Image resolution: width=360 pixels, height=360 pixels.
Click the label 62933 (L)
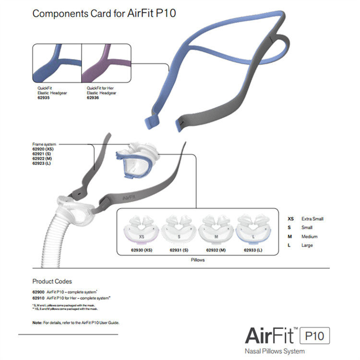253,251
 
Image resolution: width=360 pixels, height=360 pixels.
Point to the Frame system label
44,144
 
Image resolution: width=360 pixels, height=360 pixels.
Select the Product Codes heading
52,281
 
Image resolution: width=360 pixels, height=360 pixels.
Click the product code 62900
38,292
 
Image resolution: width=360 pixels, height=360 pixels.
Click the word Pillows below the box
197,260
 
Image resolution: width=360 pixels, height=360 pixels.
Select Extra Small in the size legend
312,219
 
